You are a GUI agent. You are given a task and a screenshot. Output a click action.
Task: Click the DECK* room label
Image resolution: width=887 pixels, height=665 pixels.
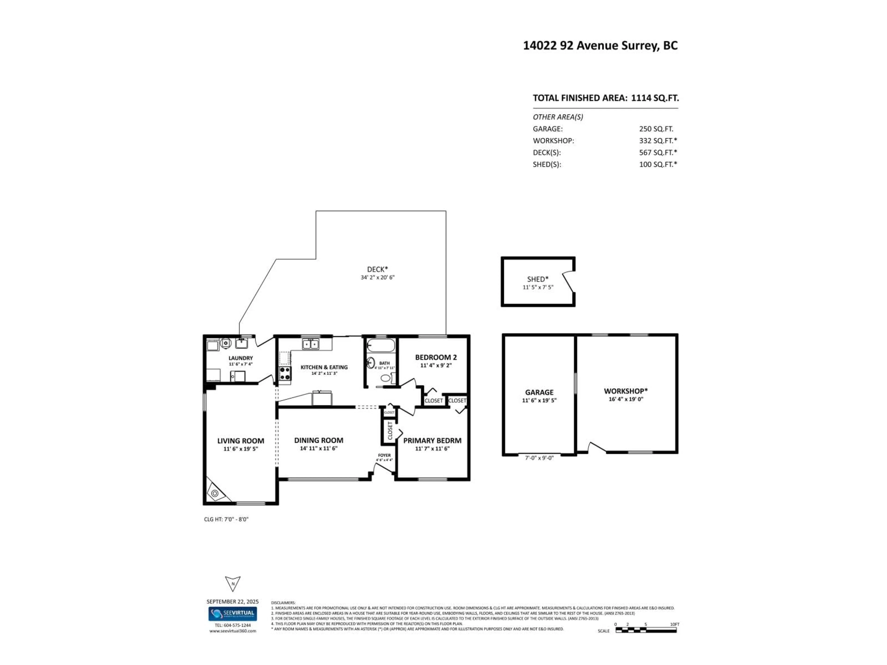coord(377,269)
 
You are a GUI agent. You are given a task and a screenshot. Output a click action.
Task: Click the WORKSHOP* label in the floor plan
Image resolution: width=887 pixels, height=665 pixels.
coord(626,391)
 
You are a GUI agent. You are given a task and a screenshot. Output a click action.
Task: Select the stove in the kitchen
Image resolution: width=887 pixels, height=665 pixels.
coord(285,374)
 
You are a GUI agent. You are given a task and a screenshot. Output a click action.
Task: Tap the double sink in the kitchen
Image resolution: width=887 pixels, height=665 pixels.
coord(311,344)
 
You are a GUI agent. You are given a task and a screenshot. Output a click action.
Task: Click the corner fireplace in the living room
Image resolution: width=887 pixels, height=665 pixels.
coord(215,493)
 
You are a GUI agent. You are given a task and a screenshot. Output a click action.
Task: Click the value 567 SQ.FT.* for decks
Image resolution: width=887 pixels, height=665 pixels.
coord(658,152)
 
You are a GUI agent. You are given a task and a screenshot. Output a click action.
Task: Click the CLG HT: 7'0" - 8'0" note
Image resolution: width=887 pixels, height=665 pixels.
coord(226,519)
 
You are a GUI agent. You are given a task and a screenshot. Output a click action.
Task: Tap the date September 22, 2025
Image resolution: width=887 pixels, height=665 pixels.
coord(233,601)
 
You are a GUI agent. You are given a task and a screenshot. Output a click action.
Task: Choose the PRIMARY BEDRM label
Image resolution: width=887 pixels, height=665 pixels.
coord(432,441)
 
